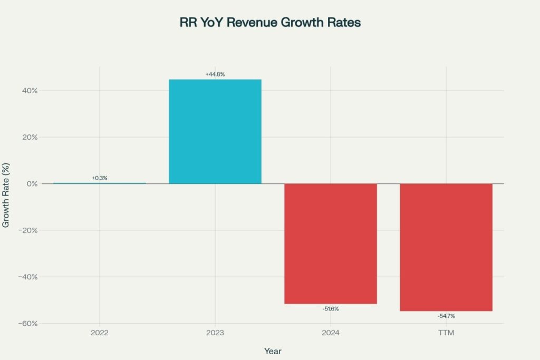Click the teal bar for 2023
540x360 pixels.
tap(215, 131)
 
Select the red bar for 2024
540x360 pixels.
tap(331, 244)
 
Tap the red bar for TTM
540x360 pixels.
tap(446, 247)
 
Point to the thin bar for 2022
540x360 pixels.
tap(99, 183)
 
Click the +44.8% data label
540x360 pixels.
tap(215, 74)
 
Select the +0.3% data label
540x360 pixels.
tap(99, 178)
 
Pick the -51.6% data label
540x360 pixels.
tap(331, 309)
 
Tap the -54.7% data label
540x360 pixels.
tap(446, 316)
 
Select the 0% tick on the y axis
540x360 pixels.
tap(31, 184)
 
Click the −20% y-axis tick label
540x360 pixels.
tap(27, 230)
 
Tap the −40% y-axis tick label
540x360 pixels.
tap(27, 277)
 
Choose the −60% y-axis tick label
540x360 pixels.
tap(27, 324)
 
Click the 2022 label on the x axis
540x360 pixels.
tap(99, 333)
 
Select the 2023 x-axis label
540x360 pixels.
tap(215, 333)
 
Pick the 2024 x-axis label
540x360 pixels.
tap(331, 333)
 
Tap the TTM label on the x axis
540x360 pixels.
tap(446, 333)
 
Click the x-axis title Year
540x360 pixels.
tap(273, 351)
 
